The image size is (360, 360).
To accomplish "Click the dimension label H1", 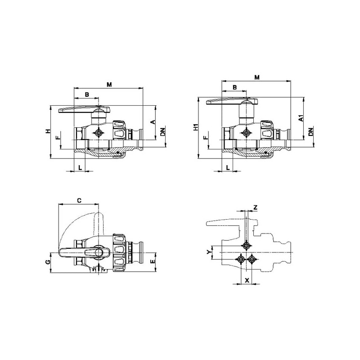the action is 196,127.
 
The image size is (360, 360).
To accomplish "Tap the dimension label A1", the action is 301,118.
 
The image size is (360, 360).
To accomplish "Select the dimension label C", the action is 79,200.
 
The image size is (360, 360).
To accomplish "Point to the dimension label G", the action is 48,262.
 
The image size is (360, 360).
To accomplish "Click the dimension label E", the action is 153,261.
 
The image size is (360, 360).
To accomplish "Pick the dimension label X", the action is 247,280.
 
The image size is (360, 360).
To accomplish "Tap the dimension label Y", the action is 209,252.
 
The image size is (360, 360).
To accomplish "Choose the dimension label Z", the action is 255,207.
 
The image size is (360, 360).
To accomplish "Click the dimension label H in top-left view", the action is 48,131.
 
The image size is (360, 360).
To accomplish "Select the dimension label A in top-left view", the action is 153,122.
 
